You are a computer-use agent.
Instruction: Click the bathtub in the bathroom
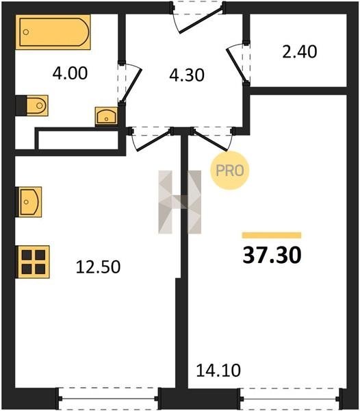coord(53,32)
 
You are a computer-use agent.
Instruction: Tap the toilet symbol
coord(32,105)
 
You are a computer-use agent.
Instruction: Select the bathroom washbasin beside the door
coord(106,116)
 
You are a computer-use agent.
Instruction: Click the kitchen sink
coord(29,202)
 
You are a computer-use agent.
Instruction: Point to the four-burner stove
coord(33,262)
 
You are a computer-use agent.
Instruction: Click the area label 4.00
coord(70,73)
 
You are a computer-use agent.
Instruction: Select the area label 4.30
coord(187,75)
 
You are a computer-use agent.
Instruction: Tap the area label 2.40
coord(300,51)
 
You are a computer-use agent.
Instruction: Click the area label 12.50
coord(98,267)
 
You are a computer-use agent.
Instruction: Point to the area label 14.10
coord(218,371)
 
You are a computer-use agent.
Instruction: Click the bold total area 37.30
coord(272,255)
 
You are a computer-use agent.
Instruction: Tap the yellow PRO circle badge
coord(229,171)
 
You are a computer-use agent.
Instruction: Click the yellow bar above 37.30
coord(272,235)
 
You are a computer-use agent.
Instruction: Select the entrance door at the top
coord(198,18)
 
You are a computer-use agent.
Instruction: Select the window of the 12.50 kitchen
coord(108,399)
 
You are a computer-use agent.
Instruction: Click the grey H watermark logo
coord(180,202)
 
